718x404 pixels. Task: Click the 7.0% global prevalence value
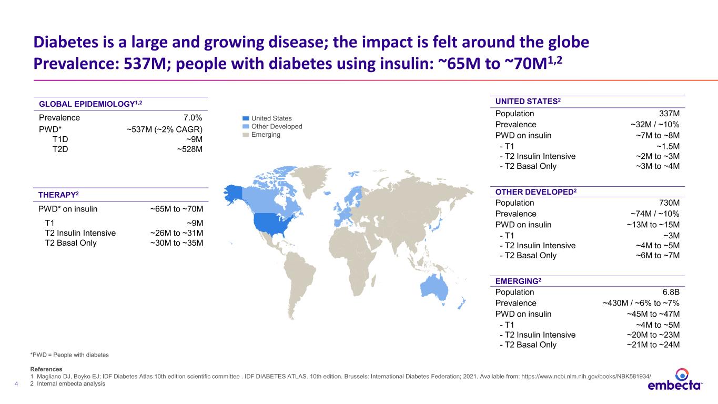pyautogui.click(x=193, y=118)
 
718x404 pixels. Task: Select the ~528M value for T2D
pyautogui.click(x=189, y=149)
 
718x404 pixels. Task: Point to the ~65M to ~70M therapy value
pyautogui.click(x=177, y=209)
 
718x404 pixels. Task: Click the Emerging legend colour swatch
pyautogui.click(x=246, y=135)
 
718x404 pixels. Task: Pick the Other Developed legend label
pyautogui.click(x=277, y=126)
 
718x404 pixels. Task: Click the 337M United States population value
pyautogui.click(x=669, y=114)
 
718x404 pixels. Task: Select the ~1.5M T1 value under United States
pyautogui.click(x=668, y=146)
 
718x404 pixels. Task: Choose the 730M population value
pyautogui.click(x=669, y=203)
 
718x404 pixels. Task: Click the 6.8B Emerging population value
pyautogui.click(x=671, y=292)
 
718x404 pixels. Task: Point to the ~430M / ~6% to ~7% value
pyautogui.click(x=641, y=303)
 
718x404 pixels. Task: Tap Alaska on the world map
pyautogui.click(x=234, y=194)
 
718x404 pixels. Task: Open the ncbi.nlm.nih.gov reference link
pyautogui.click(x=586, y=377)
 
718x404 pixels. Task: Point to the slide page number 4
pyautogui.click(x=16, y=384)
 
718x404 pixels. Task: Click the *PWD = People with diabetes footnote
pyautogui.click(x=69, y=355)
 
